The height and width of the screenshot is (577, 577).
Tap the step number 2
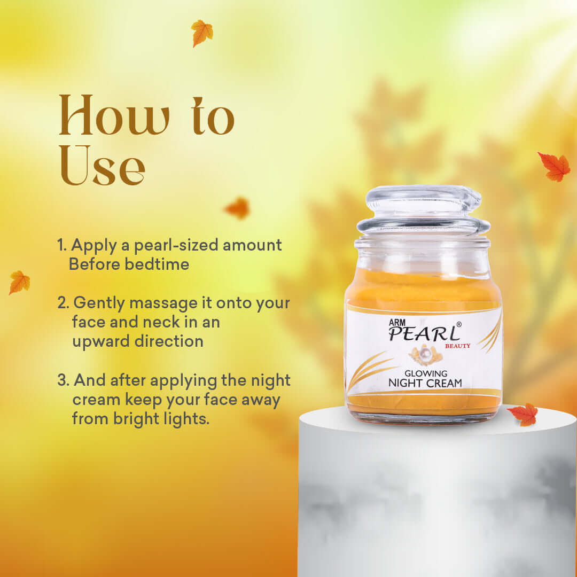[63, 303]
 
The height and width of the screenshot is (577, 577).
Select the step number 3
[63, 381]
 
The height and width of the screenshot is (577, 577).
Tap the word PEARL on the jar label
[424, 334]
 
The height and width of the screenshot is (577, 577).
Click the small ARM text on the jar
[399, 322]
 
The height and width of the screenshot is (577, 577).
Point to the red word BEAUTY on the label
[457, 346]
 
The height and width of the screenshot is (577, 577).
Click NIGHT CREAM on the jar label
[425, 383]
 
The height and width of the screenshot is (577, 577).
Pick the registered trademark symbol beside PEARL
[459, 324]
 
